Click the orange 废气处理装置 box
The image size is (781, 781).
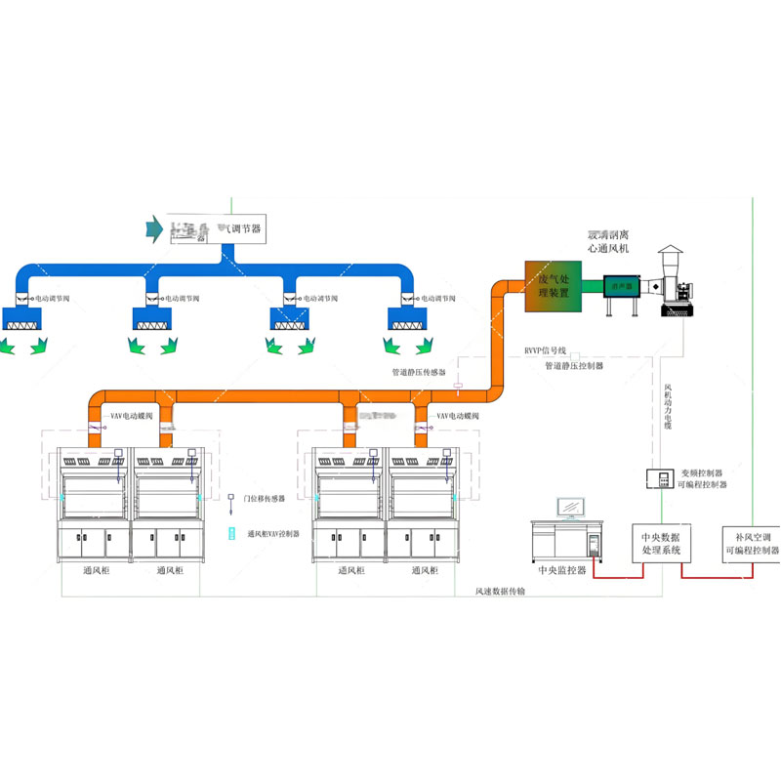click(x=552, y=286)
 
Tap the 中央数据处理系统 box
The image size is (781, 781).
click(x=660, y=544)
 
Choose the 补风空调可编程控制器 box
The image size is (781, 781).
click(x=751, y=544)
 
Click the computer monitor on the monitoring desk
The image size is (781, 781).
click(x=569, y=508)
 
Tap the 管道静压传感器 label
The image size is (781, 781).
click(x=418, y=372)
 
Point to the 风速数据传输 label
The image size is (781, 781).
click(x=500, y=592)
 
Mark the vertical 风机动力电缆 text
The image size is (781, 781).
click(x=668, y=393)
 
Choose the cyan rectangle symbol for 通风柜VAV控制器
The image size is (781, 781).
click(x=232, y=533)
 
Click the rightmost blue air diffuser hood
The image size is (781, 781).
click(x=409, y=318)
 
